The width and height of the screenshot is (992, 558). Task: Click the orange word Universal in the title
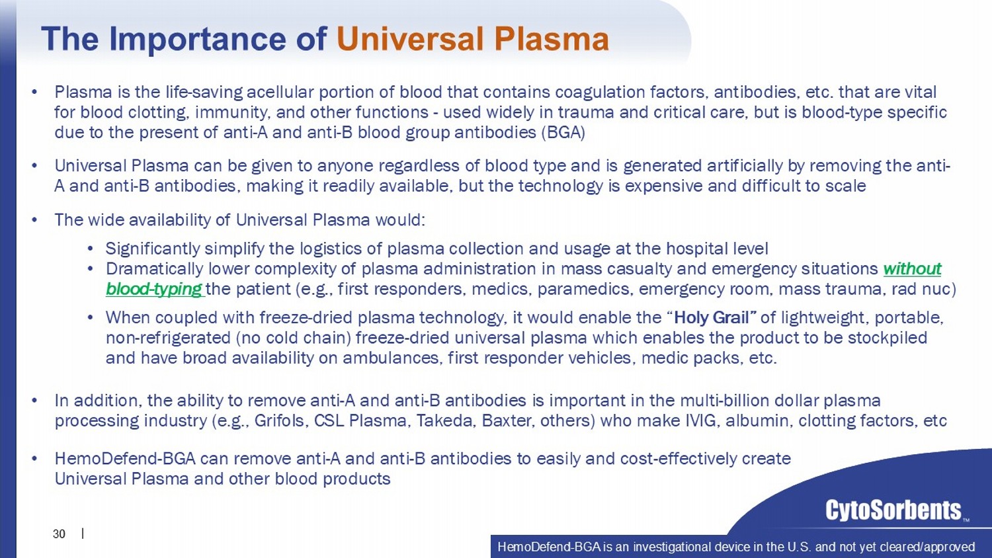click(410, 38)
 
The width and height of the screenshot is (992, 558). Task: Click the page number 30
click(59, 534)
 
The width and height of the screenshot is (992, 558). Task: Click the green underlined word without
click(912, 269)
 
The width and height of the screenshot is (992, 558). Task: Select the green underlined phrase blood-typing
click(154, 289)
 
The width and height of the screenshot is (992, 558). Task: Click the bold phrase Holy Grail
click(711, 317)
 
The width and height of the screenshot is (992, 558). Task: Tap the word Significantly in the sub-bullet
click(153, 249)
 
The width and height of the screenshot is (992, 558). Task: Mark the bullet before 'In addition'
click(34, 401)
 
